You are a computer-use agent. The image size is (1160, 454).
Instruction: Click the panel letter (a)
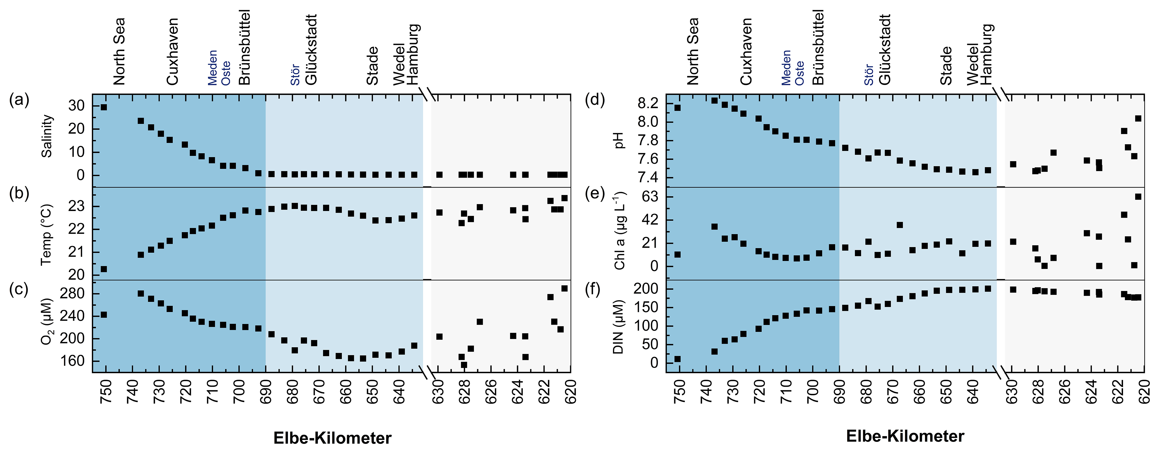[x=19, y=100]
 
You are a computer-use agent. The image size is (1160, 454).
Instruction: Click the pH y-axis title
[x=620, y=140]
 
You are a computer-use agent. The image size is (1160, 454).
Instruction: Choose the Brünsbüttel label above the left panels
[x=244, y=47]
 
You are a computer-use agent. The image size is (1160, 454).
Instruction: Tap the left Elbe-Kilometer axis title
[x=332, y=438]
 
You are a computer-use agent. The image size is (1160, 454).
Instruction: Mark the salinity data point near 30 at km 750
[x=103, y=107]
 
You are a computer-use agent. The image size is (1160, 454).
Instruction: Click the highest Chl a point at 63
[x=1138, y=197]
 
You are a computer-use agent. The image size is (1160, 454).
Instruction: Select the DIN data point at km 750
[x=677, y=359]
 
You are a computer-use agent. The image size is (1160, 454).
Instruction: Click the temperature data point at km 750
[x=103, y=269]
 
